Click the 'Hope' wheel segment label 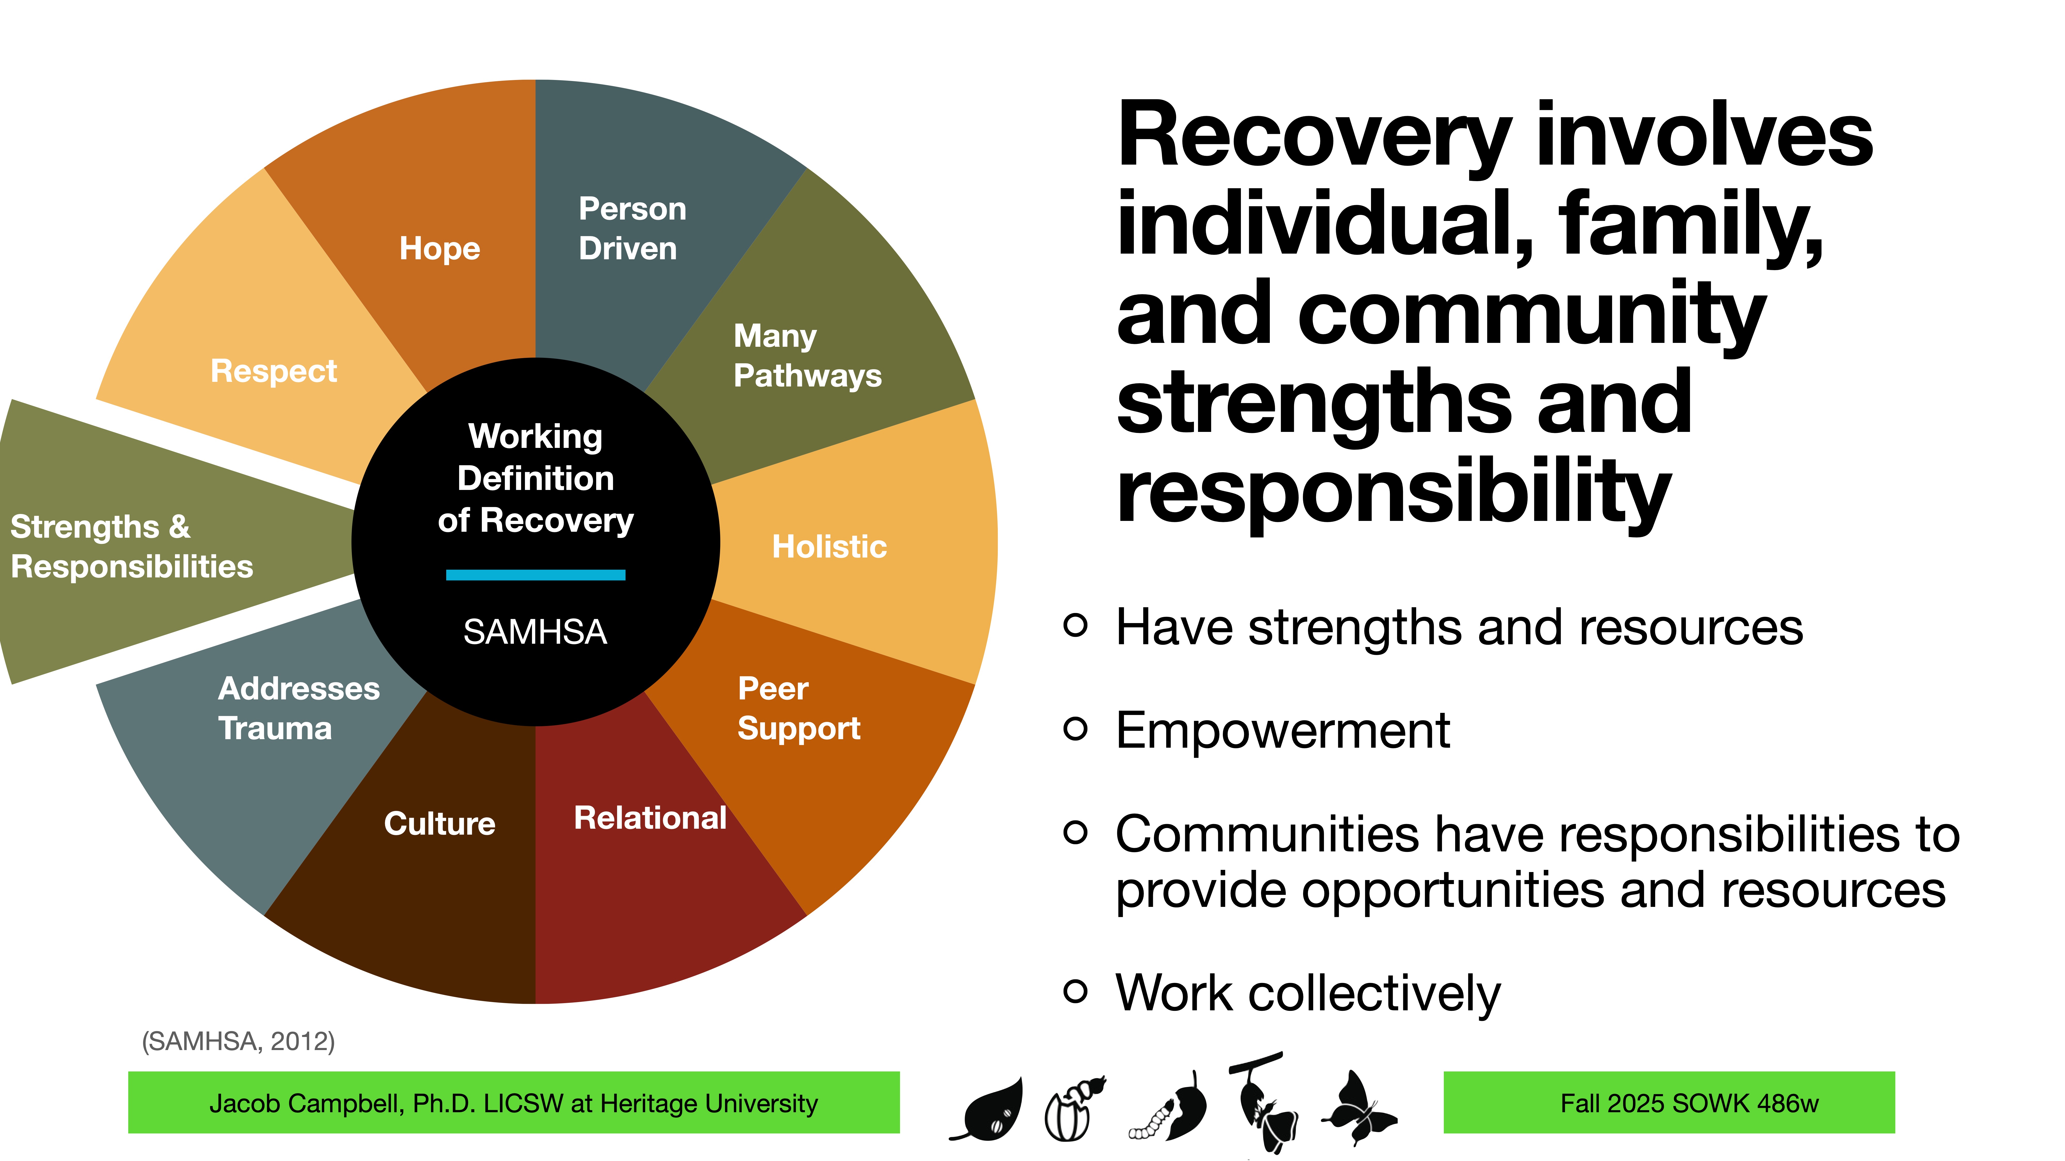(x=439, y=248)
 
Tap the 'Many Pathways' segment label (x=807, y=356)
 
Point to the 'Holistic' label (x=829, y=546)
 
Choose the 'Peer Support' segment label (x=798, y=708)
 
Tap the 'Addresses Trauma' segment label (x=298, y=708)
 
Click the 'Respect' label (x=273, y=371)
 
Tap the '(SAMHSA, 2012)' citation (x=238, y=1042)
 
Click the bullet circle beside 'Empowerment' (x=1075, y=728)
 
